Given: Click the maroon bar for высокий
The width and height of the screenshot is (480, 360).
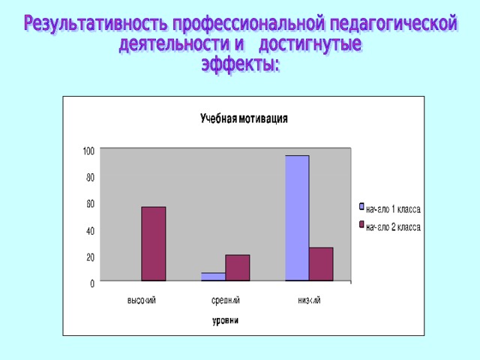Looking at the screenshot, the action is [153, 244].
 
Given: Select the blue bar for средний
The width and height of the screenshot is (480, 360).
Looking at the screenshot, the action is [213, 277].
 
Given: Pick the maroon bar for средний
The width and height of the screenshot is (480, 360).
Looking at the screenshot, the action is [238, 268].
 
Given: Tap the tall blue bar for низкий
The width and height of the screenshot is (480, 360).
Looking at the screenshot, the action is [297, 218].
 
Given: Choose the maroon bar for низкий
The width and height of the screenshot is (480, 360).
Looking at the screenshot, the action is [321, 264].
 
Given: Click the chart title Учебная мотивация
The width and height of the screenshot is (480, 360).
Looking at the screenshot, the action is [244, 118].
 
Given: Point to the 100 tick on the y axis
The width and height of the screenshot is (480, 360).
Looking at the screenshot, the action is [88, 151].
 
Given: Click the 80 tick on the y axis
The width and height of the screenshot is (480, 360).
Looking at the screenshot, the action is [90, 178].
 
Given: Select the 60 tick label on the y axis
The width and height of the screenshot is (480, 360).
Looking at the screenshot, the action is [90, 204].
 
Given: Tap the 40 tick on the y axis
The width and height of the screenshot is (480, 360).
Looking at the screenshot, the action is [90, 230].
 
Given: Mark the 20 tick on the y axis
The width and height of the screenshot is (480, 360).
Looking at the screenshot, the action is [90, 257].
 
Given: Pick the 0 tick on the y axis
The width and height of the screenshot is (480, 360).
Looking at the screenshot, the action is [92, 283].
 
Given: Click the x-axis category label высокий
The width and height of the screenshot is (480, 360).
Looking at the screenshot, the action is [142, 300].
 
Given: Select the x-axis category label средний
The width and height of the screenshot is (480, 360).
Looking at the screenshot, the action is [226, 300].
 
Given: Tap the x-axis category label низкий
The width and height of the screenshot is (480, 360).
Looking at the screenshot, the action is [309, 300].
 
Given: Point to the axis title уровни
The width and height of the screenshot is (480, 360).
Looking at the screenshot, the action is [226, 321].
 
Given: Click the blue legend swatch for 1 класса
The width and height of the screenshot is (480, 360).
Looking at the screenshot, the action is [361, 207].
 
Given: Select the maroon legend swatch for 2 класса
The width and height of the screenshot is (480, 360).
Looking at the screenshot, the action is [361, 225].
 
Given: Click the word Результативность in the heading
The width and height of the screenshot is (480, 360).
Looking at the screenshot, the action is [96, 23].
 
